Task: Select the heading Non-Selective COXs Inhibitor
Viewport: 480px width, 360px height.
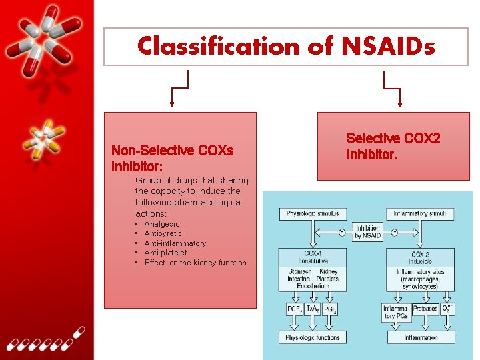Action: (172, 157)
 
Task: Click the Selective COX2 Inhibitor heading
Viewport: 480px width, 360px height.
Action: (393, 146)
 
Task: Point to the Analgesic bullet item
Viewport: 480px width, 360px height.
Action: (162, 224)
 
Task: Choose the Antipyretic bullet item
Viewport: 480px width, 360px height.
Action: (163, 234)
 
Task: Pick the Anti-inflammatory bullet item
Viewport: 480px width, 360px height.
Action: (175, 243)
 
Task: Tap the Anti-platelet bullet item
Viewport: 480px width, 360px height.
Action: (165, 253)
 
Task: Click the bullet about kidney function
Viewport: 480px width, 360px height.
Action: (195, 263)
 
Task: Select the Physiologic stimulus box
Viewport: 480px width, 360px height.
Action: (313, 214)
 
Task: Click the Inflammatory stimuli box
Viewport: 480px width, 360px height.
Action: (419, 214)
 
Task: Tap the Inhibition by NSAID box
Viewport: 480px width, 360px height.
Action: (367, 232)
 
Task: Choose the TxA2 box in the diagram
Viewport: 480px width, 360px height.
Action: (312, 309)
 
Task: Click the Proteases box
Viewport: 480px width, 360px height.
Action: (424, 309)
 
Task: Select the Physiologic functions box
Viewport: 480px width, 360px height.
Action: (313, 337)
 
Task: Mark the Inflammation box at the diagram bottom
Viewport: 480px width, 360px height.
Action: (421, 337)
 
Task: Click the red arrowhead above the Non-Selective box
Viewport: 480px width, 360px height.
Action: (173, 103)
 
